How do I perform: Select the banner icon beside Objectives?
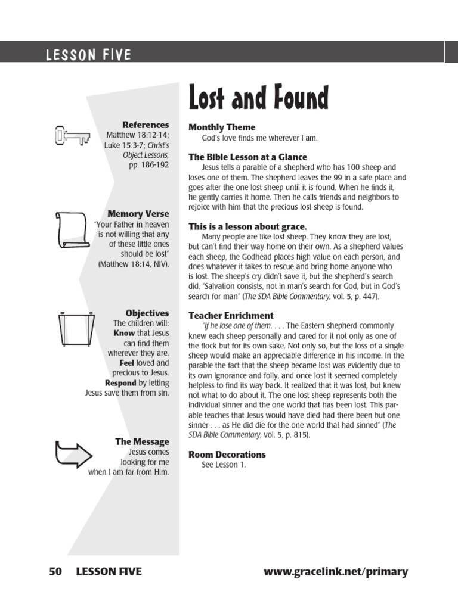(x=75, y=329)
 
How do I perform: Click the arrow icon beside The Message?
(x=73, y=454)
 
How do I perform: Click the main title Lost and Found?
(x=258, y=98)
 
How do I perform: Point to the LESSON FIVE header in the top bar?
(x=89, y=55)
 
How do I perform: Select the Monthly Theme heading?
(x=222, y=127)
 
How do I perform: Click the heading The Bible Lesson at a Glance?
(x=247, y=157)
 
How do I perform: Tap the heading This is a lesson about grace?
(x=247, y=226)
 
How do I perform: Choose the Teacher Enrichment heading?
(x=231, y=315)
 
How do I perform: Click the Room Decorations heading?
(x=227, y=454)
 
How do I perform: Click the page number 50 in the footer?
(x=55, y=572)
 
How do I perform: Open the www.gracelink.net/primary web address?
(x=336, y=572)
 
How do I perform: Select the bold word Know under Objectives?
(x=125, y=333)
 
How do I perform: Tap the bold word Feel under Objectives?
(x=126, y=363)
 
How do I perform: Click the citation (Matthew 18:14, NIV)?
(x=134, y=264)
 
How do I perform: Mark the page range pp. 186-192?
(x=149, y=165)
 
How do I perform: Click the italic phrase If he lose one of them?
(x=237, y=326)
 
